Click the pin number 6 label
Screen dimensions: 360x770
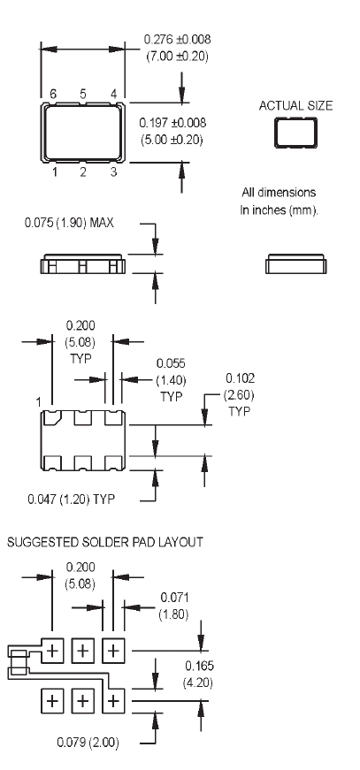(53, 94)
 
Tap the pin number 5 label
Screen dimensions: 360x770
(83, 94)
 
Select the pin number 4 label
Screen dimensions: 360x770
(113, 94)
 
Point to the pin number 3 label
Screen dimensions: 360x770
(113, 172)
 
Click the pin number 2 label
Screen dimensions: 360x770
(83, 172)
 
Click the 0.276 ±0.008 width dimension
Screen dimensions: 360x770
(177, 39)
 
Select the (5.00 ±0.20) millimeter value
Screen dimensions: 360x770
(172, 140)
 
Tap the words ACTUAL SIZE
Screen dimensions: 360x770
(295, 105)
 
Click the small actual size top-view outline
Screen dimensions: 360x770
(295, 133)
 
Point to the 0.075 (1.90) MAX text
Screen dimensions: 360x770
(69, 223)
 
